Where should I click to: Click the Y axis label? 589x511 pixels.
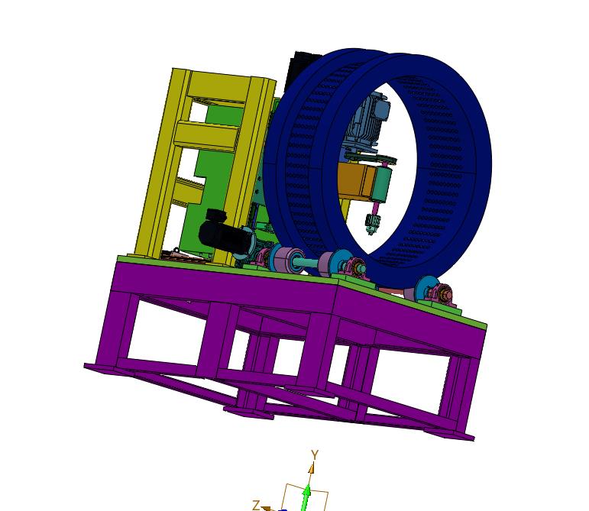(315, 455)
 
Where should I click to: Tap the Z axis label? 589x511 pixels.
(256, 505)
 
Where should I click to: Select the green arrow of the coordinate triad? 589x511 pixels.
(307, 497)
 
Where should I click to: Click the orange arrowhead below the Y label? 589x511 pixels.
(311, 468)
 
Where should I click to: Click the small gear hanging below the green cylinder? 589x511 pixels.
(373, 224)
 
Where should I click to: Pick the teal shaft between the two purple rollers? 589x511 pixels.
(306, 262)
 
